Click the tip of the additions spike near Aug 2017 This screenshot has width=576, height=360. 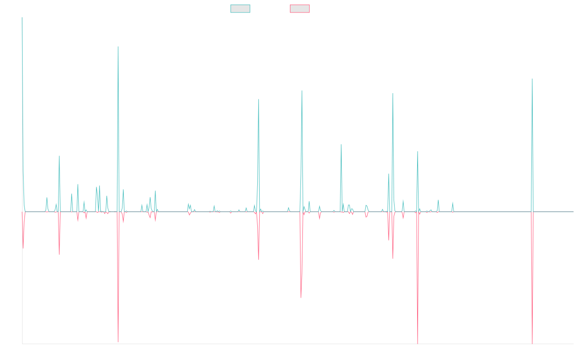pos(118,47)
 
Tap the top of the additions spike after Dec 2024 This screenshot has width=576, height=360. pos(532,79)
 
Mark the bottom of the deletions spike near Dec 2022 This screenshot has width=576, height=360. pos(418,344)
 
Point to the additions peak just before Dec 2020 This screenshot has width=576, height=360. pos(301,91)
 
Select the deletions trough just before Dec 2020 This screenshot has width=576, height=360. pos(301,298)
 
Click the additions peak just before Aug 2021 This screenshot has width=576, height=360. pos(341,144)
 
